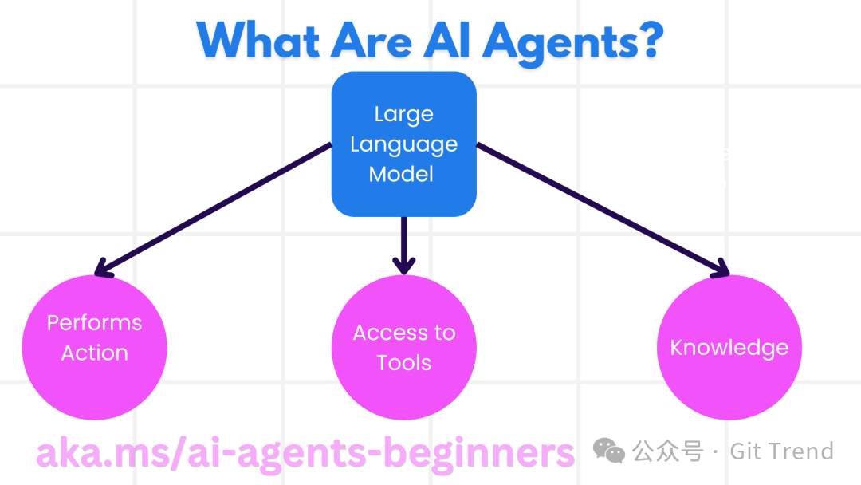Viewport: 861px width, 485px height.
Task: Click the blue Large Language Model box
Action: (x=403, y=144)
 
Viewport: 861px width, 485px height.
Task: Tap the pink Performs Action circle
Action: (x=94, y=348)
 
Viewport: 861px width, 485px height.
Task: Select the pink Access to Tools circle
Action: (x=403, y=348)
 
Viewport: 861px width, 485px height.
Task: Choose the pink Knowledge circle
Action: (x=729, y=348)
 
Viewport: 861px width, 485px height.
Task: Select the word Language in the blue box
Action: (x=403, y=144)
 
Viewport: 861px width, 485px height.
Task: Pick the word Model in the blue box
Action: (x=401, y=174)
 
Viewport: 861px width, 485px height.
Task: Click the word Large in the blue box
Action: (x=403, y=114)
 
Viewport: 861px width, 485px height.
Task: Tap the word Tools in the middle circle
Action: (x=404, y=362)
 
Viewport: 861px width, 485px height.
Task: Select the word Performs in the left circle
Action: (x=94, y=322)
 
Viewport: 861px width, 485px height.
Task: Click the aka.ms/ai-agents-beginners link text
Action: (x=305, y=453)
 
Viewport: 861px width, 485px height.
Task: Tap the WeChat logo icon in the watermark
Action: (x=609, y=451)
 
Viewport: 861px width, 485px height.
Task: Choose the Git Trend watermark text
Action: (x=781, y=451)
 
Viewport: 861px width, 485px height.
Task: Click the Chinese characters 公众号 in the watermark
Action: (x=668, y=451)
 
